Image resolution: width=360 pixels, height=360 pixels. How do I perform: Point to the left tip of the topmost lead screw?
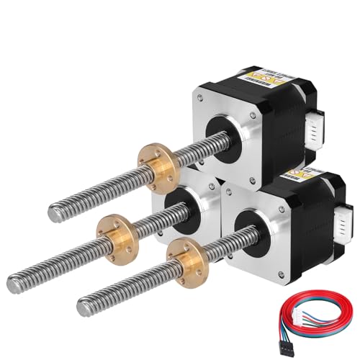click(x=54, y=212)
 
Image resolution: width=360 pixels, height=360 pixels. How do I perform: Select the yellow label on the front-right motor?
click(x=303, y=178)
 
